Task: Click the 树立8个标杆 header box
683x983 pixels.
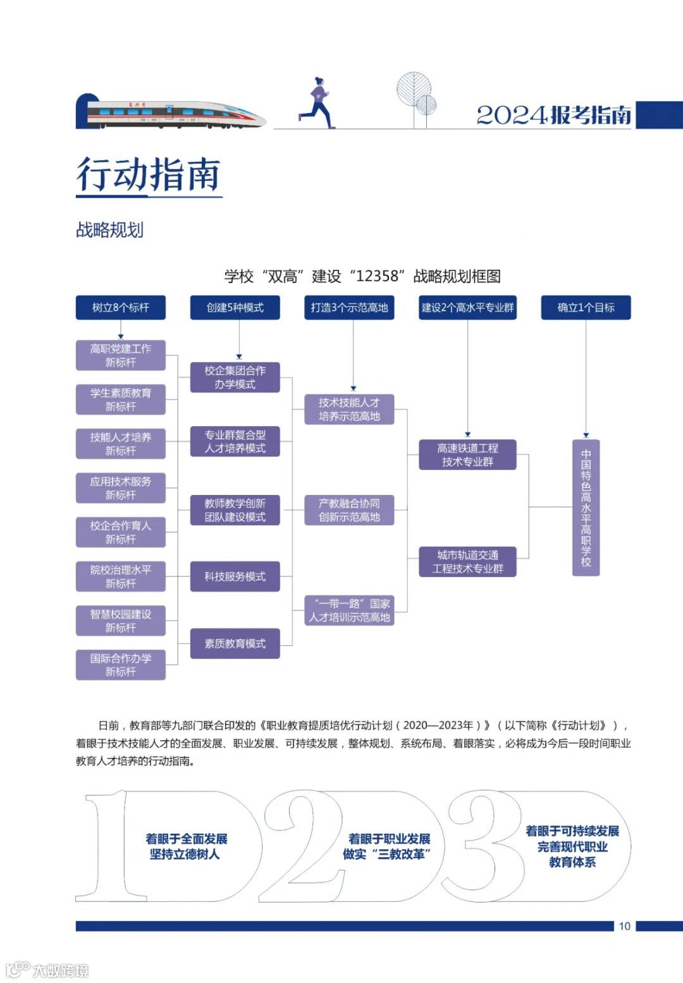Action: coord(121,308)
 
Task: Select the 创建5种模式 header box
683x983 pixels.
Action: coord(235,308)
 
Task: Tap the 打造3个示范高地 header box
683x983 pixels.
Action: coord(349,308)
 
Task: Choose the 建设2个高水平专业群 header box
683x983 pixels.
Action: coord(467,308)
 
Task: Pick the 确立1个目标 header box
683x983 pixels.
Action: coord(586,308)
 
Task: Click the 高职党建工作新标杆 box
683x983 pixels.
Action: coord(121,355)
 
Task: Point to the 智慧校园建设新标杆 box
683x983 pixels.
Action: coord(121,621)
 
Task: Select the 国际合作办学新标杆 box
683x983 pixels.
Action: coord(121,665)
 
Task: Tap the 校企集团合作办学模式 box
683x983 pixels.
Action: coord(235,377)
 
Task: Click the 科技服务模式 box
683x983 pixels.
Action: coord(235,577)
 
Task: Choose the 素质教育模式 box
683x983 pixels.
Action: coord(235,644)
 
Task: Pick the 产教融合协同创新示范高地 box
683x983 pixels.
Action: coord(349,510)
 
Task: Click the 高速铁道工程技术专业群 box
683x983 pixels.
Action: coord(467,455)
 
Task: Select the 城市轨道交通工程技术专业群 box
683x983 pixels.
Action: coord(467,562)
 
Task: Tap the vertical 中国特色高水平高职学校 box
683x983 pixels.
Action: coord(586,508)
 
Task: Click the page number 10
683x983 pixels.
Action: coord(624,926)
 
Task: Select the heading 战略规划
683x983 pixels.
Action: coord(110,230)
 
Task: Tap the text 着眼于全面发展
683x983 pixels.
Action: coord(186,839)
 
